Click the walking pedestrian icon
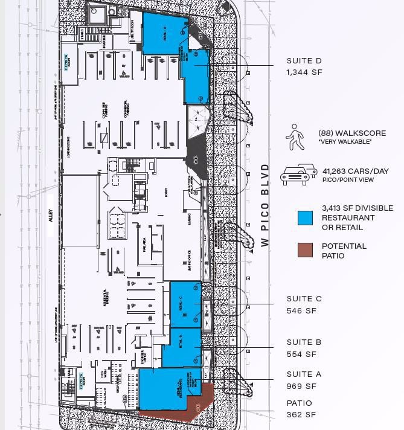pyautogui.click(x=295, y=137)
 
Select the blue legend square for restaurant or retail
pyautogui.click(x=305, y=217)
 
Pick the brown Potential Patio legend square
pyautogui.click(x=305, y=250)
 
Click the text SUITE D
pyautogui.click(x=304, y=61)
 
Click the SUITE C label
pyautogui.click(x=304, y=299)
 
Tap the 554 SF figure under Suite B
pyautogui.click(x=301, y=355)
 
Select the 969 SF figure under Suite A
pyautogui.click(x=301, y=386)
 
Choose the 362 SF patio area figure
pyautogui.click(x=301, y=414)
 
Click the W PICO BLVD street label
pyautogui.click(x=265, y=205)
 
